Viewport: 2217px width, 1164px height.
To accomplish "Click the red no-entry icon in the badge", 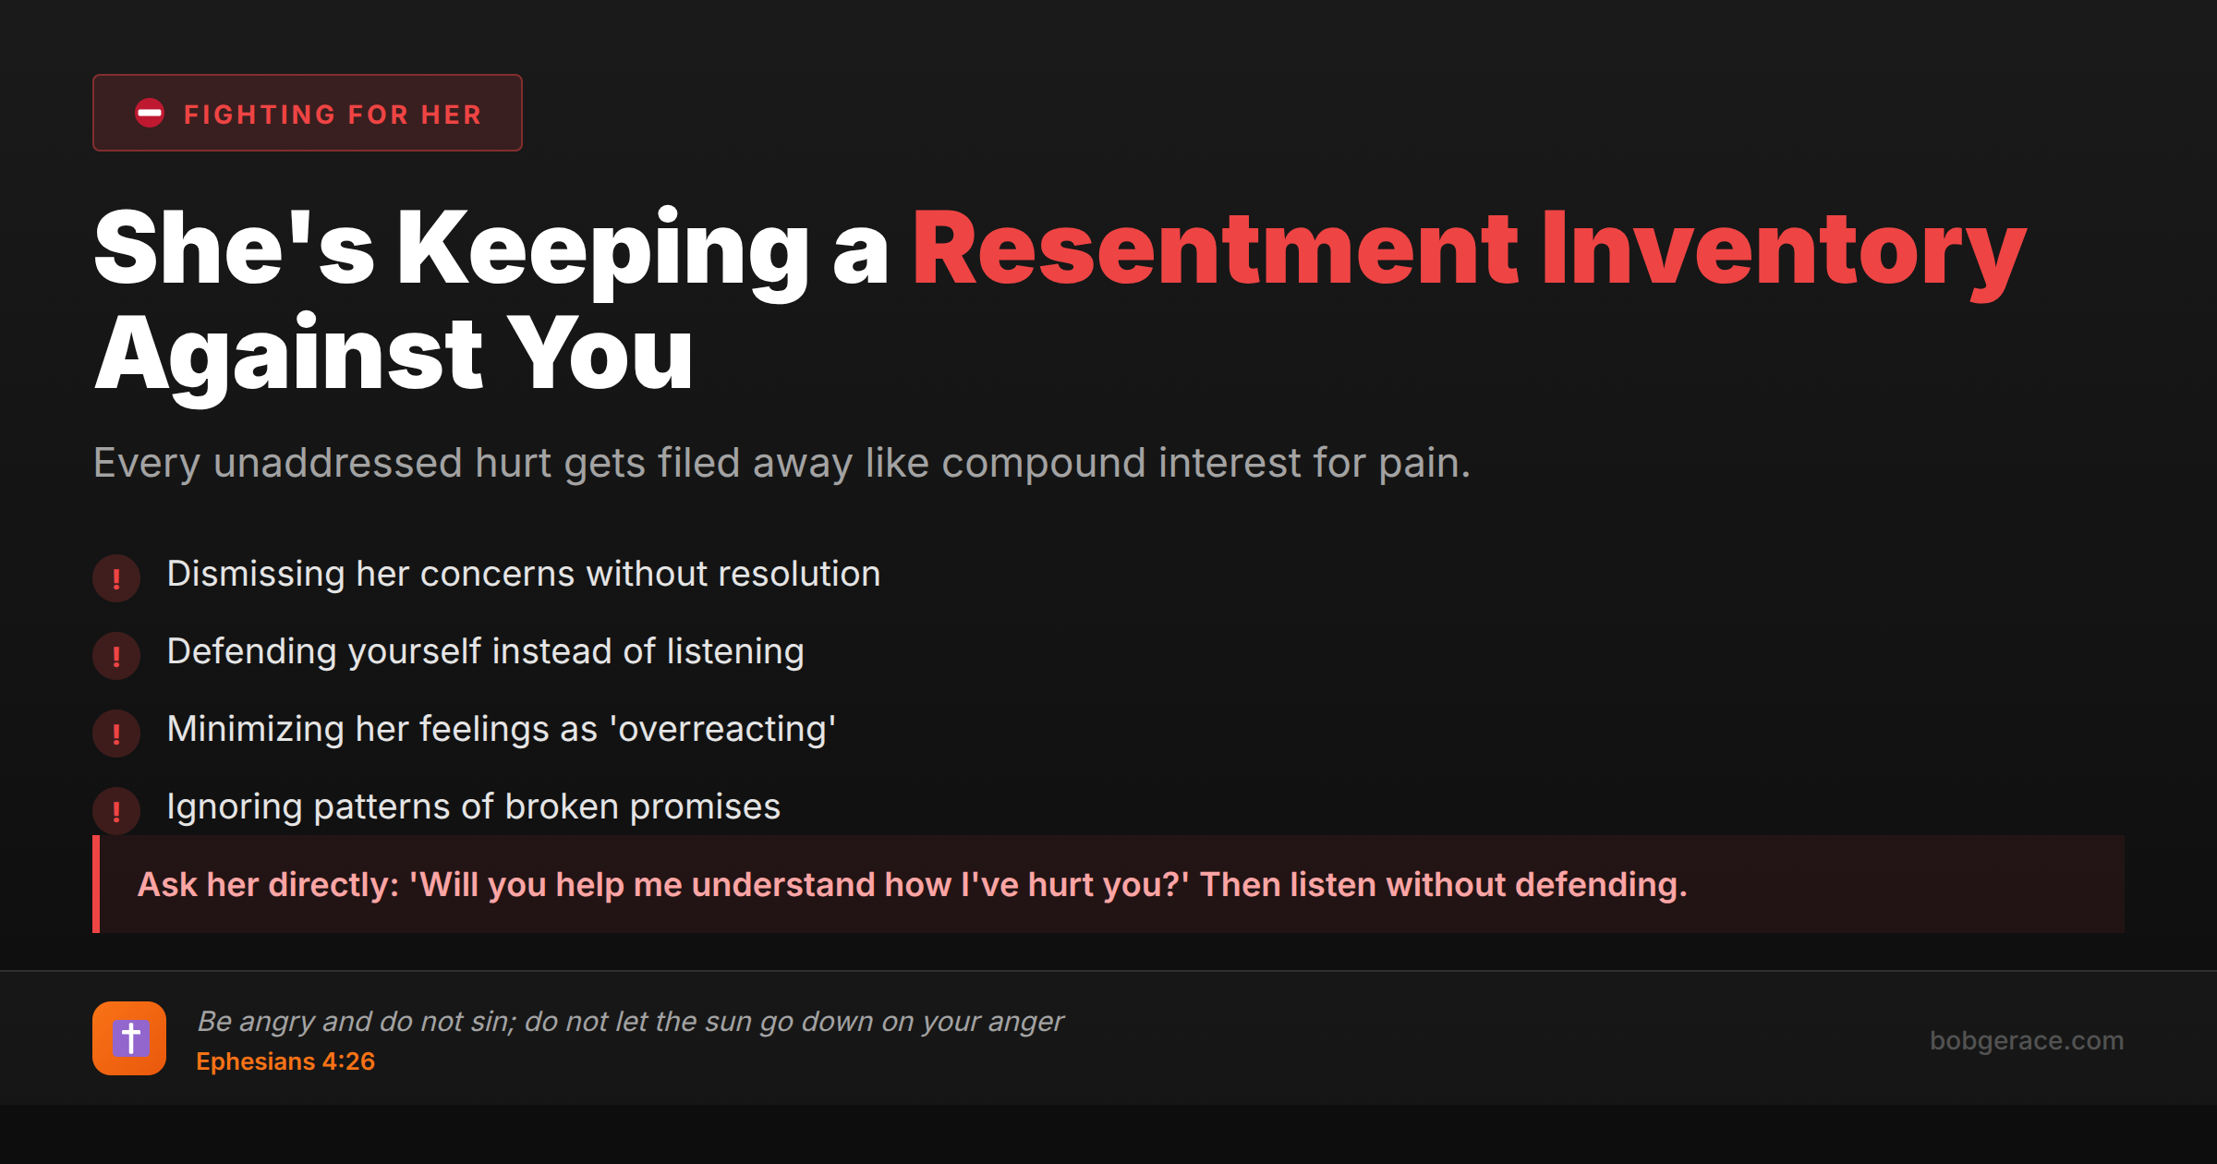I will tap(150, 114).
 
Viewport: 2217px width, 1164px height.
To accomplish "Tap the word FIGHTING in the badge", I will tap(260, 115).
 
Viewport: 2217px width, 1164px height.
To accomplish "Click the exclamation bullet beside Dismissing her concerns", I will tap(116, 578).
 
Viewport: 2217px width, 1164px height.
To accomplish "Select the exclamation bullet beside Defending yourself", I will tap(116, 656).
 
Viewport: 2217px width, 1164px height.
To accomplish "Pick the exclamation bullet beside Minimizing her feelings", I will tap(116, 734).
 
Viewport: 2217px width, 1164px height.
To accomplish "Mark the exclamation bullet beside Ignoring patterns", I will tap(116, 811).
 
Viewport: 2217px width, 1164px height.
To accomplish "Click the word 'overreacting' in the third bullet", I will tap(722, 730).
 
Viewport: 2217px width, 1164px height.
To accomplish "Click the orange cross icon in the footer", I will tap(129, 1038).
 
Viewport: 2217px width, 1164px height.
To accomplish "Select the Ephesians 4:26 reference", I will tap(285, 1061).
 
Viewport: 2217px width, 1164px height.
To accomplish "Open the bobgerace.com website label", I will tap(2026, 1040).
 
